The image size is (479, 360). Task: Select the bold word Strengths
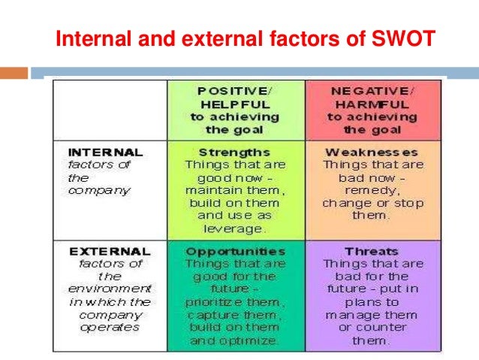(x=235, y=151)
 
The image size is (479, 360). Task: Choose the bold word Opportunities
(x=235, y=251)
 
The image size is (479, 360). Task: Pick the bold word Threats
(x=371, y=251)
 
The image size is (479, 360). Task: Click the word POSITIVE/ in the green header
(x=235, y=90)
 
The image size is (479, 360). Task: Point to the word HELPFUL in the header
(x=235, y=104)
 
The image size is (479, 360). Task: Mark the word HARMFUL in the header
(x=371, y=104)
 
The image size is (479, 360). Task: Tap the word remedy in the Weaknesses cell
(x=372, y=190)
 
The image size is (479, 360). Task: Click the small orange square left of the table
(x=19, y=73)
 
